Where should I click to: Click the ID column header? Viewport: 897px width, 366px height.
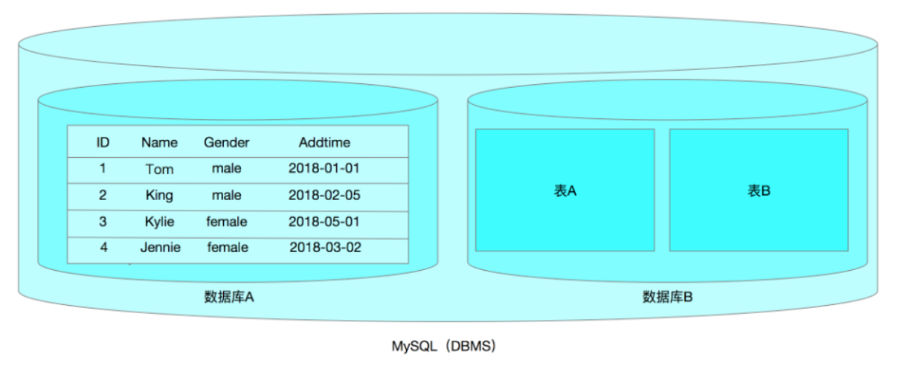[103, 143]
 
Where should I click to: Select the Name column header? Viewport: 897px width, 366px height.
[159, 143]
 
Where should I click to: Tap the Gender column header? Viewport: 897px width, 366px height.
[227, 143]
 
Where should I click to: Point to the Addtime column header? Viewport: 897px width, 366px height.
[324, 143]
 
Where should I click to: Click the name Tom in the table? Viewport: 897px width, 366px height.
[159, 169]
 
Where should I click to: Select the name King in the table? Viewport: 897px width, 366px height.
[159, 196]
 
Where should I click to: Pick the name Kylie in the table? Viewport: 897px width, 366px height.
[159, 222]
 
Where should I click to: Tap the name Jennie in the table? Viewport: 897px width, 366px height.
[160, 248]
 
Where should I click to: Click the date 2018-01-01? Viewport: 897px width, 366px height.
[324, 168]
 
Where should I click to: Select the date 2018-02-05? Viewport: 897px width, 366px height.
[324, 195]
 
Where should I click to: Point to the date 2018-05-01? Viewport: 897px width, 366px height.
[324, 222]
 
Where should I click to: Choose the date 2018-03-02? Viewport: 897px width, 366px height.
[325, 248]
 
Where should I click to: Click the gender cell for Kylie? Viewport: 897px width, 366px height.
[227, 222]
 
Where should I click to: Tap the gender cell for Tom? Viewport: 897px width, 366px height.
[227, 168]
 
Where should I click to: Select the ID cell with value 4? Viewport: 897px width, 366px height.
[103, 248]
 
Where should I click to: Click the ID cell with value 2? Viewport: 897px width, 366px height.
[103, 195]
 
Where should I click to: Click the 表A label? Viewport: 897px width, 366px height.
[565, 190]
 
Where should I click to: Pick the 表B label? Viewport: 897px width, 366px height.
[759, 190]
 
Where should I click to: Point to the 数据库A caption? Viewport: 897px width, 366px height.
[228, 297]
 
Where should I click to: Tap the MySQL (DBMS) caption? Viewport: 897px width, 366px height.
[444, 346]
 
